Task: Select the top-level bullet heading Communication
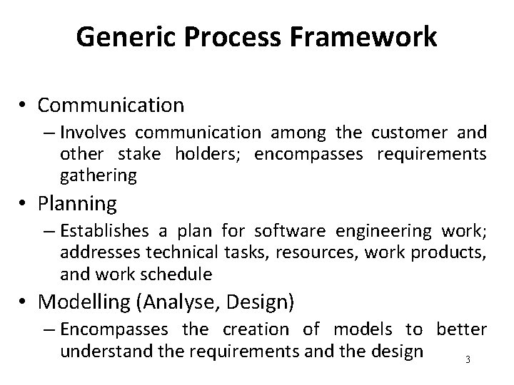[111, 106]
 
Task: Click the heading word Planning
[77, 204]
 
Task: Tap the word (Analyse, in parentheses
[178, 302]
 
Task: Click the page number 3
[468, 359]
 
